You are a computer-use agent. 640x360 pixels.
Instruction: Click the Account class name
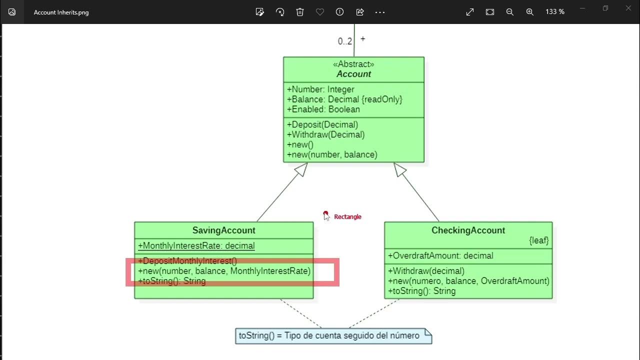(353, 74)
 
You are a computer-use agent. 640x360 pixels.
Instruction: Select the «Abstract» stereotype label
(353, 64)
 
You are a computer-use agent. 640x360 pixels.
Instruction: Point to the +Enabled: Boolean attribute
(323, 109)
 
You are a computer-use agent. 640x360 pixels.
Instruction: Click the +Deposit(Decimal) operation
(322, 124)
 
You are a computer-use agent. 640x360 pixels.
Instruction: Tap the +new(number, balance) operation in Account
(332, 154)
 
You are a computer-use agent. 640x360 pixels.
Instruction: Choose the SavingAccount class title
(223, 230)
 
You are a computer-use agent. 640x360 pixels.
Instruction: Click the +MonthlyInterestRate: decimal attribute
(196, 246)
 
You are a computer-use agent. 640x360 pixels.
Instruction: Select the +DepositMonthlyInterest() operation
(187, 261)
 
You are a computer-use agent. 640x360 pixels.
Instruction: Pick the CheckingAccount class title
(468, 230)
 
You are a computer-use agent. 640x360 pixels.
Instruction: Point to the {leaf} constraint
(539, 240)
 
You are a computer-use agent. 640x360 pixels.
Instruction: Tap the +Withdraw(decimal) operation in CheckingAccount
(426, 271)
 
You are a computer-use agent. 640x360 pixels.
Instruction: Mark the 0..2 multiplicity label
(344, 41)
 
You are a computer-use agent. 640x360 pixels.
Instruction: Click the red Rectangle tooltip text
(347, 217)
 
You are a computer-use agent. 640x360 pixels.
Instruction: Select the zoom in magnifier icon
(530, 12)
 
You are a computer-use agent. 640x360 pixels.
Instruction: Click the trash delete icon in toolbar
(300, 12)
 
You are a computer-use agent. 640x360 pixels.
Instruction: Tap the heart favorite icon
(320, 12)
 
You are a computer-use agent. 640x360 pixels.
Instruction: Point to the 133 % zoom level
(555, 12)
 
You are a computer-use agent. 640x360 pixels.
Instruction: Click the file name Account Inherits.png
(61, 12)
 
